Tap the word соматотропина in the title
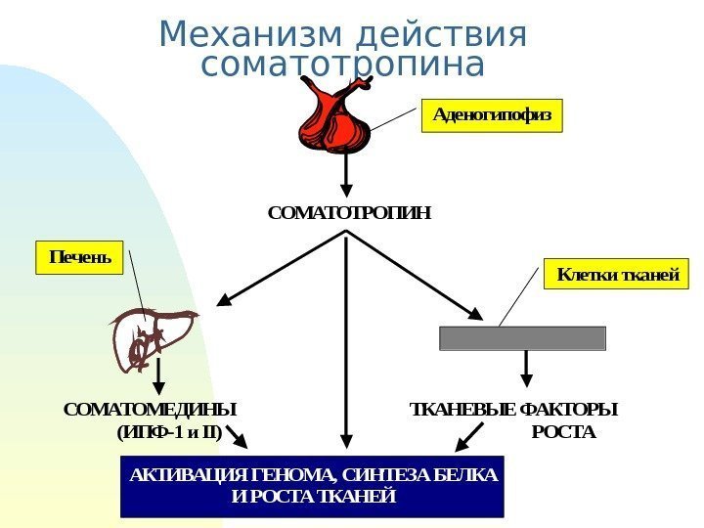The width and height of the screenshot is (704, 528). [341, 66]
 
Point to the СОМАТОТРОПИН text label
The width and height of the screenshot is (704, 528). [349, 212]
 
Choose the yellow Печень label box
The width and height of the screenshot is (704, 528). [80, 258]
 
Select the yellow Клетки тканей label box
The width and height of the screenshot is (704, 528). [617, 275]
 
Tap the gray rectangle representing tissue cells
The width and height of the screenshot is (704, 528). [523, 338]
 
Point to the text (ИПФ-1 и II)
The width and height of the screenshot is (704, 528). [168, 432]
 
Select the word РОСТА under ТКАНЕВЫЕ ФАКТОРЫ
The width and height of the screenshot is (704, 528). [562, 432]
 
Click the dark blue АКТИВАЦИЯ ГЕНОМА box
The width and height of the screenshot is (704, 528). [312, 485]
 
